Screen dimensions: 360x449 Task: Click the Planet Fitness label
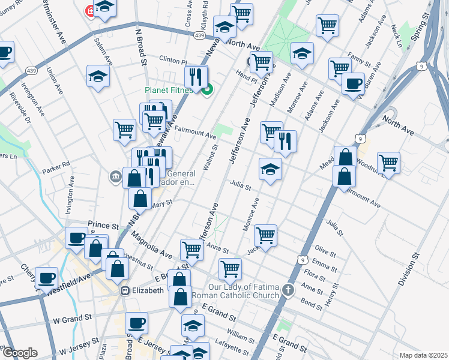[x=168, y=91]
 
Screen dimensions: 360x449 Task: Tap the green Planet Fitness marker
[x=208, y=91]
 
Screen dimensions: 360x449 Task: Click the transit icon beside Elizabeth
[x=125, y=290]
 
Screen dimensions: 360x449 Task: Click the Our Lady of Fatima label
[x=243, y=291]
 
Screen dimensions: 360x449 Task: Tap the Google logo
[x=20, y=353]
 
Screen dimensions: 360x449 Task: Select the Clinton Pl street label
[x=173, y=60]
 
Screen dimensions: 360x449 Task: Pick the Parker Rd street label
[x=56, y=163]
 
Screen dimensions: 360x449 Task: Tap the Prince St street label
[x=100, y=224]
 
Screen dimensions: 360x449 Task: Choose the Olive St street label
[x=325, y=250]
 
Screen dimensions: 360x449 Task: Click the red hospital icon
[x=91, y=11]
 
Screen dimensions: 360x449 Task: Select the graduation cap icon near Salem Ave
[x=98, y=76]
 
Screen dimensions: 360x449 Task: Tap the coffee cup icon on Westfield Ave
[x=47, y=278]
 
